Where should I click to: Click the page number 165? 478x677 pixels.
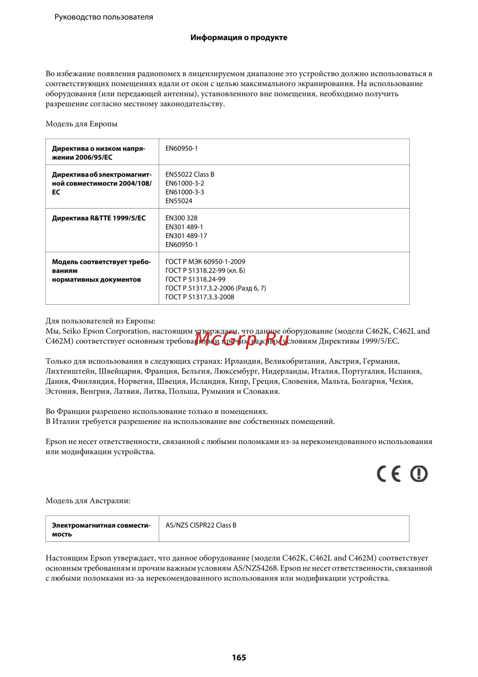(x=239, y=657)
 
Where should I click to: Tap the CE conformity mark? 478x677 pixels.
(x=389, y=474)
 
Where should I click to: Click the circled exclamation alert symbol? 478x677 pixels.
(x=419, y=474)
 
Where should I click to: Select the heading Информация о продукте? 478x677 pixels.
(x=239, y=37)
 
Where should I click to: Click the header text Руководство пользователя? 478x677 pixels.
(x=104, y=17)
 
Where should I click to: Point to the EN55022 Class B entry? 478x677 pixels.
(x=190, y=174)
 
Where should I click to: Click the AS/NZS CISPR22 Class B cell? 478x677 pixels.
(x=201, y=525)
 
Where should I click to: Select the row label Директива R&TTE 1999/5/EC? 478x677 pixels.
(x=99, y=218)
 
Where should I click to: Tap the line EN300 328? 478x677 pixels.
(x=182, y=218)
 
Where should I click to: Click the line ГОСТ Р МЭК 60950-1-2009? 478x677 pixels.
(x=205, y=262)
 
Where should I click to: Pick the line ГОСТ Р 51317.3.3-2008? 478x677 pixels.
(x=200, y=297)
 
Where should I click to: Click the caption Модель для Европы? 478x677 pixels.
(x=81, y=124)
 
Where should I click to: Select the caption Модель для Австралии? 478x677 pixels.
(x=88, y=500)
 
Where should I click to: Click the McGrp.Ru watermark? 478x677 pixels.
(x=241, y=339)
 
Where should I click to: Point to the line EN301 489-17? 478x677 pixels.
(x=186, y=235)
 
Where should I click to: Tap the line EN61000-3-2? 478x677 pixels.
(x=185, y=183)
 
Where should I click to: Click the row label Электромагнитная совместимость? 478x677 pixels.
(x=101, y=529)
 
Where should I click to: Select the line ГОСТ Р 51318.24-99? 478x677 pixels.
(x=196, y=279)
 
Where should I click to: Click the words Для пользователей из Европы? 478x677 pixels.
(x=100, y=321)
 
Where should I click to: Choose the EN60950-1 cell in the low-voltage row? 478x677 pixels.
(x=182, y=148)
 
